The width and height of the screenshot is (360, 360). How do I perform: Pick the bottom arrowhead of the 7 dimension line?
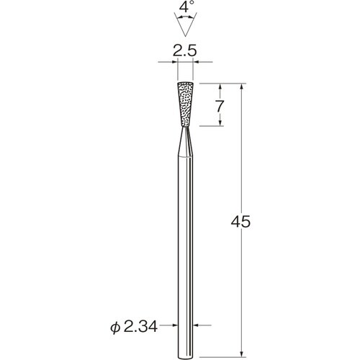coord(216,125)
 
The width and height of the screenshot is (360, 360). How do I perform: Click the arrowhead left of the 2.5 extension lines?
coord(172,64)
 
